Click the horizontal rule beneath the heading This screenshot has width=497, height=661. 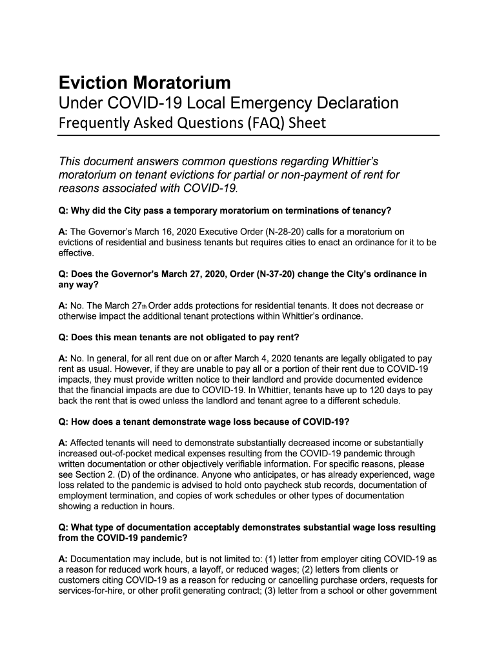click(x=249, y=136)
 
